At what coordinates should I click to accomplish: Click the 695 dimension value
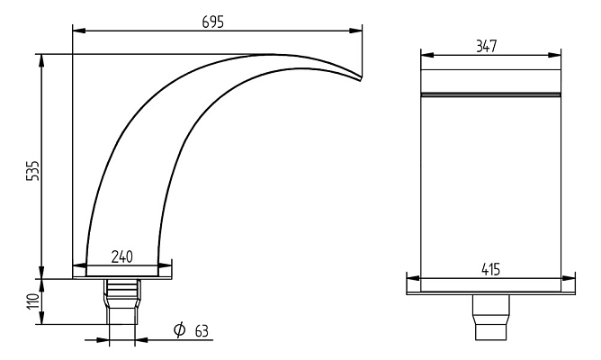pyautogui.click(x=217, y=20)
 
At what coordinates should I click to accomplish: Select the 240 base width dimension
pyautogui.click(x=121, y=256)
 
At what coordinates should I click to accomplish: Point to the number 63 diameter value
pyautogui.click(x=201, y=331)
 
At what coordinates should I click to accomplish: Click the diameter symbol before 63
pyautogui.click(x=180, y=331)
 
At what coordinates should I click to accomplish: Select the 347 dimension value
pyautogui.click(x=490, y=45)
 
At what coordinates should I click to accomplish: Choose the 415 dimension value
pyautogui.click(x=490, y=268)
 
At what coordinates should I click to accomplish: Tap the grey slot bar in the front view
pyautogui.click(x=490, y=94)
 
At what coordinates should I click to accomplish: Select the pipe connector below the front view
pyautogui.click(x=490, y=315)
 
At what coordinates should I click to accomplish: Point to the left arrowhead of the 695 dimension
pyautogui.click(x=76, y=31)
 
